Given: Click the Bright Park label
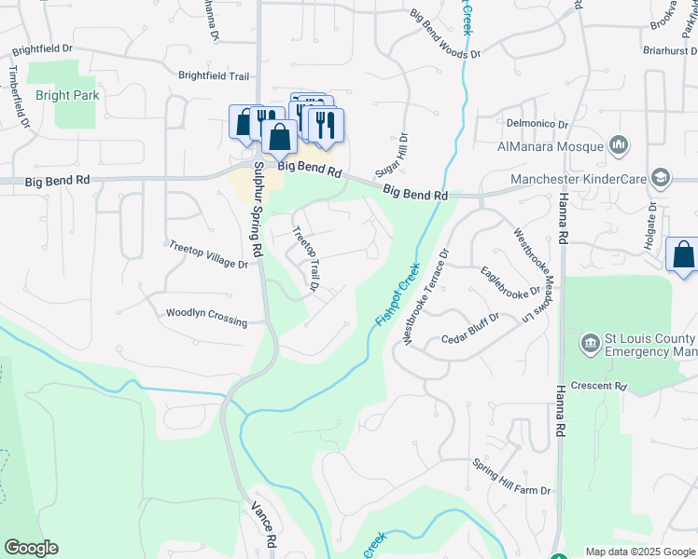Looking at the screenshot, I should tap(67, 95).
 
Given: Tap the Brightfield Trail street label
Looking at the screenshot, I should tap(214, 75).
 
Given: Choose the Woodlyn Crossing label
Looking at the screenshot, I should tap(206, 318).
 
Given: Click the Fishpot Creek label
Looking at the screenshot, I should tap(398, 294).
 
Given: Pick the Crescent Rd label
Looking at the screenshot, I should tap(600, 386).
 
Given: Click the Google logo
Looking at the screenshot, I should tap(31, 548).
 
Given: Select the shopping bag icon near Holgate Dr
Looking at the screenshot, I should tap(683, 254).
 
